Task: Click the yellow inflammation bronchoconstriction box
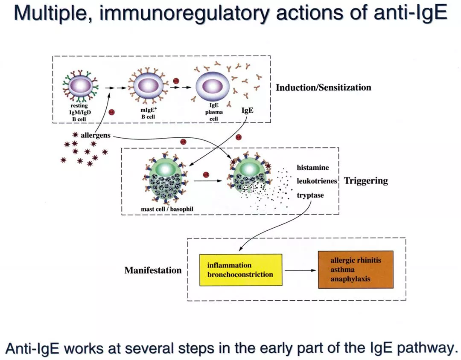click(241, 270)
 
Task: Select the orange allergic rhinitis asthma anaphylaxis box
click(356, 270)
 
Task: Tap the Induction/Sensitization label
click(323, 88)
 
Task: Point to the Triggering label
click(366, 180)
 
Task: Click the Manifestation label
click(153, 270)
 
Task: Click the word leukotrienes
click(317, 181)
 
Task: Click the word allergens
click(96, 135)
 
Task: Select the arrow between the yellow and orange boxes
click(301, 270)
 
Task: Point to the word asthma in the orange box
click(342, 270)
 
